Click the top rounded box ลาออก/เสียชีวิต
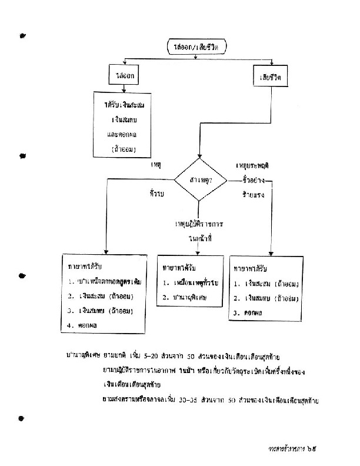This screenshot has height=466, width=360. [196, 46]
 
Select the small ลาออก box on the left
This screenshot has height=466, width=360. [123, 75]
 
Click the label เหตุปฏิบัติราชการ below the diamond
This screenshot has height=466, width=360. [200, 225]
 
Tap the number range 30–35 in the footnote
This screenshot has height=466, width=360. [199, 401]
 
